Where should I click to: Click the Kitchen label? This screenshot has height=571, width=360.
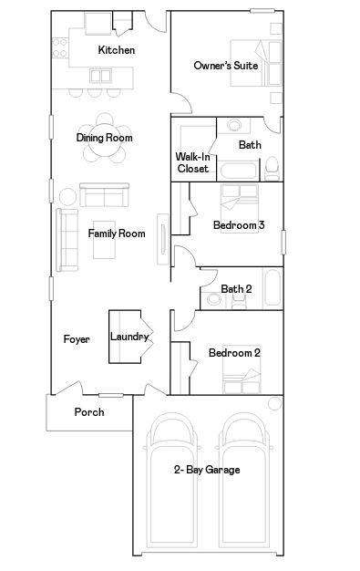pyautogui.click(x=117, y=50)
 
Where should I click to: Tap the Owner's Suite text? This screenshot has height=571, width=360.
pyautogui.click(x=226, y=66)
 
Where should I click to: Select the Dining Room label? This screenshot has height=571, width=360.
pyautogui.click(x=105, y=138)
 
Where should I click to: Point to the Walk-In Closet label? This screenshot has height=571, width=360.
pyautogui.click(x=192, y=162)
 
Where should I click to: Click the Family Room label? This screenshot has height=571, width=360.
pyautogui.click(x=117, y=234)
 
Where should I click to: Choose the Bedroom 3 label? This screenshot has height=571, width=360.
pyautogui.click(x=239, y=224)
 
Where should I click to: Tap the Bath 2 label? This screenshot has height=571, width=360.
pyautogui.click(x=236, y=289)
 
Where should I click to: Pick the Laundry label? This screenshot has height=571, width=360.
pyautogui.click(x=129, y=337)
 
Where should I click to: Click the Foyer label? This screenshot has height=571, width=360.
pyautogui.click(x=77, y=339)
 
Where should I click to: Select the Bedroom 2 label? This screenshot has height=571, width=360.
pyautogui.click(x=235, y=353)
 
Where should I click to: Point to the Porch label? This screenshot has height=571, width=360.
pyautogui.click(x=89, y=412)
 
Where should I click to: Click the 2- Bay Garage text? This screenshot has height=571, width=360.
pyautogui.click(x=208, y=470)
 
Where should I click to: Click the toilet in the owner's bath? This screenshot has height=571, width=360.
pyautogui.click(x=272, y=168)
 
